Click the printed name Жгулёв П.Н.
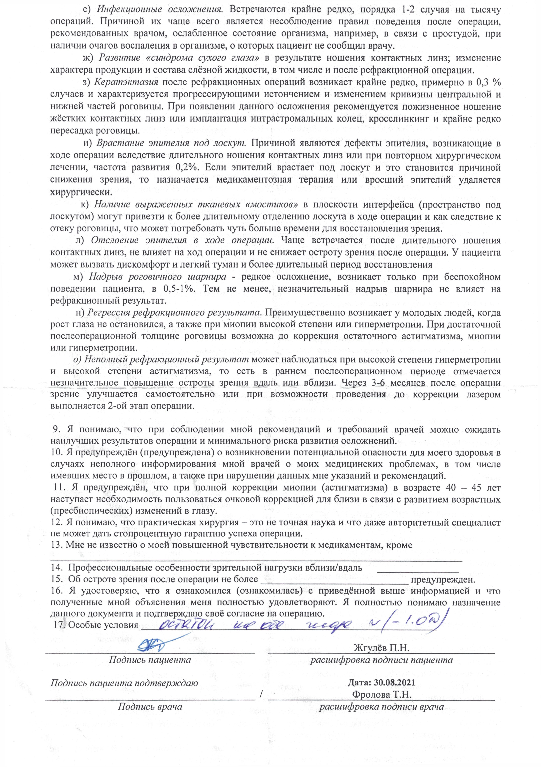coord(381,647)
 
